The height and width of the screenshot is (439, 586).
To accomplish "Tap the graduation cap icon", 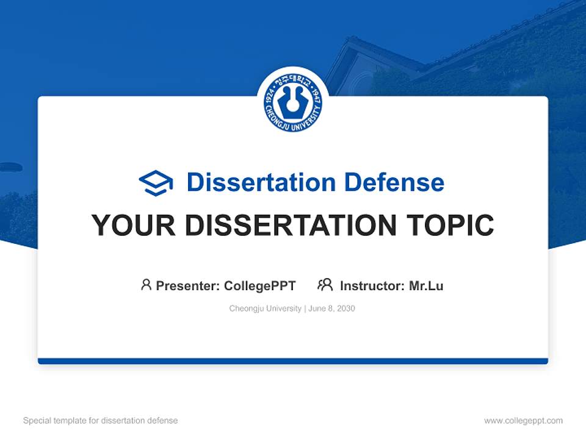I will pyautogui.click(x=156, y=182).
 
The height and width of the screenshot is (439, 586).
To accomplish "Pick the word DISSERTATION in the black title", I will pyautogui.click(x=290, y=226).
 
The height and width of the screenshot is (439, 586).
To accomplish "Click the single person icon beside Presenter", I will pyautogui.click(x=146, y=285).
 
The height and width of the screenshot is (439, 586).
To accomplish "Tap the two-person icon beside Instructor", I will pyautogui.click(x=325, y=285).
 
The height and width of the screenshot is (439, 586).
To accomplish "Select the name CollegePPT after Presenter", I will pyautogui.click(x=260, y=285).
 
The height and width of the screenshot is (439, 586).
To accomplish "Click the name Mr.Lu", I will pyautogui.click(x=426, y=285).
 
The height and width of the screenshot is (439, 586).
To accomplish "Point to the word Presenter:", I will pyautogui.click(x=188, y=285).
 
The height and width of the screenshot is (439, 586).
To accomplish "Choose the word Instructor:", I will pyautogui.click(x=372, y=285).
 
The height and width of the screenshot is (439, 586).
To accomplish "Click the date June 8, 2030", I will pyautogui.click(x=331, y=309).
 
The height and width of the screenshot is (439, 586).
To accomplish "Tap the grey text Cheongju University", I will pyautogui.click(x=265, y=309).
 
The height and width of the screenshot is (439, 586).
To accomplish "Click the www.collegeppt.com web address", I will pyautogui.click(x=523, y=421).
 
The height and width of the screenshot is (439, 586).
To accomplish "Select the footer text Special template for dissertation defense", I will pyautogui.click(x=101, y=421).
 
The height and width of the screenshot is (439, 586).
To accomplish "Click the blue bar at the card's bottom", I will pyautogui.click(x=293, y=361).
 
